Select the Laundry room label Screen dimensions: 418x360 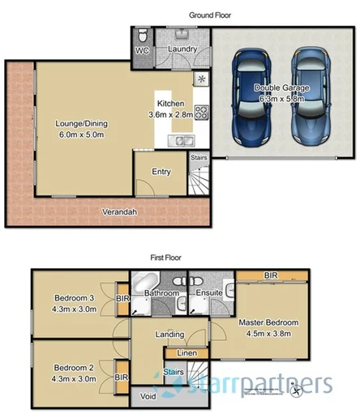[182, 49]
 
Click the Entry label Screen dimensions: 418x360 [161, 171]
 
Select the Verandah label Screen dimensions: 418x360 [119, 212]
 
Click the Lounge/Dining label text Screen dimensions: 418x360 [80, 123]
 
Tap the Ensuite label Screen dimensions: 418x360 [210, 292]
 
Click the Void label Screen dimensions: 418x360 [148, 397]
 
